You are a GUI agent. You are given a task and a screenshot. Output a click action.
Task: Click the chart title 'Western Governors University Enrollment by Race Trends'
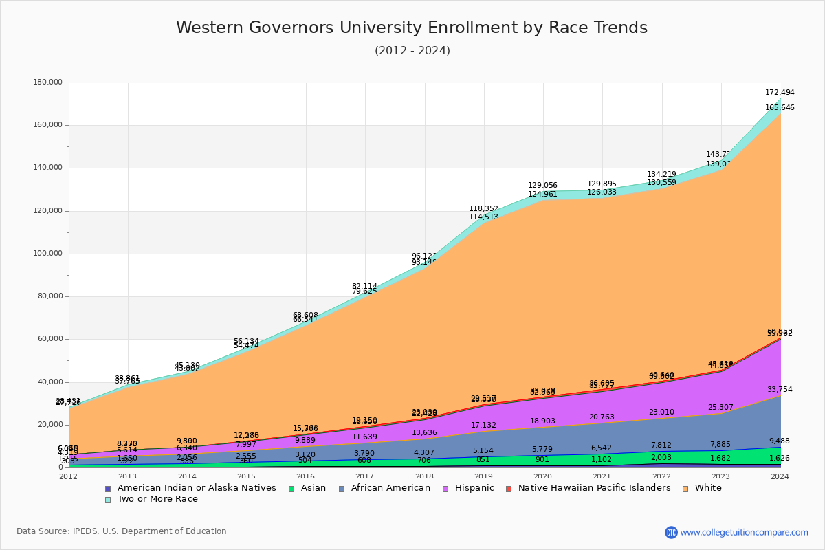tap(412, 28)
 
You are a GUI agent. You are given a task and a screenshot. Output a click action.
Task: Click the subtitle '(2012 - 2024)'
tap(412, 51)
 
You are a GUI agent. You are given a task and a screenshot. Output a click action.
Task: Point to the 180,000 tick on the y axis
tap(47, 82)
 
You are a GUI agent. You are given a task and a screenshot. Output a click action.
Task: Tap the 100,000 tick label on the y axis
tap(47, 254)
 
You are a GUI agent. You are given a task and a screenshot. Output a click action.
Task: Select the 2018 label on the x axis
tap(424, 476)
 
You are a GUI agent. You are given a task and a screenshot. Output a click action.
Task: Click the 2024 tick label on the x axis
tap(780, 476)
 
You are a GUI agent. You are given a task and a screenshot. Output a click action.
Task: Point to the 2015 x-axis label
tap(246, 476)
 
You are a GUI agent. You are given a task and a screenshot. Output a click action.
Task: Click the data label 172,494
tap(780, 93)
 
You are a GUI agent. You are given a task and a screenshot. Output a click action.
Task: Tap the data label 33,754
tap(780, 390)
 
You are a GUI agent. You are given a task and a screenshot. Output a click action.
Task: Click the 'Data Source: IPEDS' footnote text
tap(122, 531)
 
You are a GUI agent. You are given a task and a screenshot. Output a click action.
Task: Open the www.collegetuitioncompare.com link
tap(744, 532)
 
